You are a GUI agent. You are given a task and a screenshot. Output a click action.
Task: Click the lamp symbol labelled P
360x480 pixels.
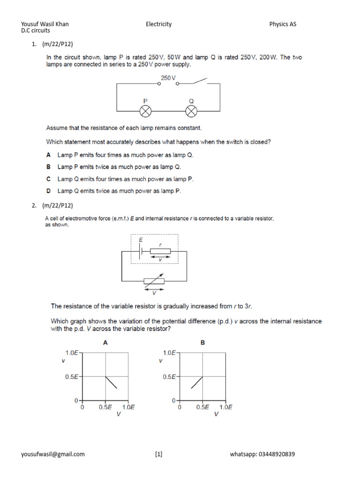[x=146, y=111]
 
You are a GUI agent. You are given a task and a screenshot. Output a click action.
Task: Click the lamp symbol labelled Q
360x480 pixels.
[x=191, y=111]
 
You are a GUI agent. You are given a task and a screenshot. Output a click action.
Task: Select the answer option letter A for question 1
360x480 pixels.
[x=48, y=155]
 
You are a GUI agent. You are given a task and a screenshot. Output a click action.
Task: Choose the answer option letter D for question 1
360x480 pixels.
[x=48, y=191]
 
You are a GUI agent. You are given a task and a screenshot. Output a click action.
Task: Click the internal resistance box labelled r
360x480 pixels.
[x=160, y=251]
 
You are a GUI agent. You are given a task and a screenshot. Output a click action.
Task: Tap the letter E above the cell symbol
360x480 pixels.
[x=140, y=240]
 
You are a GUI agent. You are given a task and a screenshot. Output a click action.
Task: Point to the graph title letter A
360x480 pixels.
[x=105, y=343]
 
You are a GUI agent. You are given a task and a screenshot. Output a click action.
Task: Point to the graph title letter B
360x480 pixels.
[x=202, y=343]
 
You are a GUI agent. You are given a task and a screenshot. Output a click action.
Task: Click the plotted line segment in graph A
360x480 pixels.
[x=111, y=382]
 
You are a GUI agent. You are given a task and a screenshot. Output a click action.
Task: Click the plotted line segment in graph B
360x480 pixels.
[x=197, y=382]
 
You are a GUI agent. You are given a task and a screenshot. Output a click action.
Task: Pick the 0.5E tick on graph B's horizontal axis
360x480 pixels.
[x=202, y=407]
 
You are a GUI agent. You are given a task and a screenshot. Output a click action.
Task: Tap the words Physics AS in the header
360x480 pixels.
[x=283, y=24]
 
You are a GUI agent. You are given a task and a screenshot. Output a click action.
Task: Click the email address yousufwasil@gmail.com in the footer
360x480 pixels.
[x=53, y=454]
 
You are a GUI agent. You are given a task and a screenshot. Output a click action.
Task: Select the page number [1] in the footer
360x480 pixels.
[x=158, y=454]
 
